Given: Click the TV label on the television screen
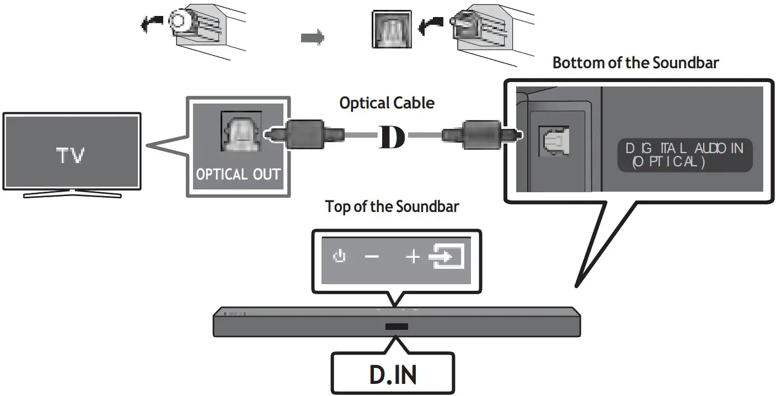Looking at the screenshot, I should pos(71,156).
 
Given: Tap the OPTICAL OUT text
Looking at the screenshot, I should pos(238,175).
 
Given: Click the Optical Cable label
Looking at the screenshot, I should pos(387,103).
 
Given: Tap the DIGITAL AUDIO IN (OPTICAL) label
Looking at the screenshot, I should pos(684,155).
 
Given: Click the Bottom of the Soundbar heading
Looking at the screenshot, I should pos(635,63).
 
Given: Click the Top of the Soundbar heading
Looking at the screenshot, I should pos(392,207).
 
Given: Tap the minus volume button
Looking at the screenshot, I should pos(372,257).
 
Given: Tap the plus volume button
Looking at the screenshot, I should pos(412,257).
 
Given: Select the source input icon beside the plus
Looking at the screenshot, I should pos(447,257).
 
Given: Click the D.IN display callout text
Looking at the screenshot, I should pos(393,374).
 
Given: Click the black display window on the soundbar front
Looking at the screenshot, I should pos(393,327).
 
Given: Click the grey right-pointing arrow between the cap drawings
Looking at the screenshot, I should pos(313,37).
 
